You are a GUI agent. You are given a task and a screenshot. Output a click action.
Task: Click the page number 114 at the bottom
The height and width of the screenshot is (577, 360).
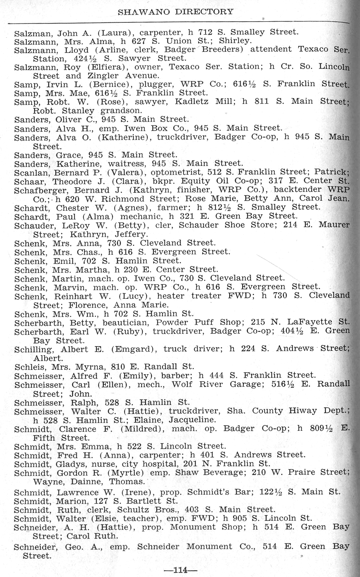(180, 570)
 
